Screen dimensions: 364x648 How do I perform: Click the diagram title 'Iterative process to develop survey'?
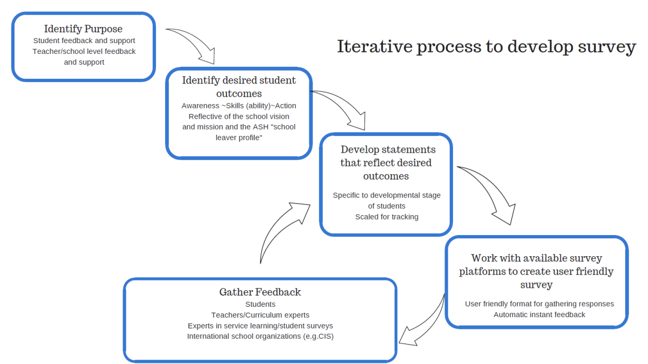pos(486,47)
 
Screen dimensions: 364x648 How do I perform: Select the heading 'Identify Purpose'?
pos(83,29)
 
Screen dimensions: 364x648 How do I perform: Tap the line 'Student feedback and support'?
pos(84,40)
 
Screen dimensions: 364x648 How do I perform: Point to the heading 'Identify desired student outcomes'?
pos(239,86)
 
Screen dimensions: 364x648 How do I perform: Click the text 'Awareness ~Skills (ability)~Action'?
pos(239,106)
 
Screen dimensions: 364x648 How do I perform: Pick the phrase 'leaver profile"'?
pos(239,138)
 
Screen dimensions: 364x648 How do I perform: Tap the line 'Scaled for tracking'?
pos(387,217)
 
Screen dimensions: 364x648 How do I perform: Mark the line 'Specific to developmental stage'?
pos(387,195)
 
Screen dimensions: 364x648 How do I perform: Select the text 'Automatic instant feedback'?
pos(539,314)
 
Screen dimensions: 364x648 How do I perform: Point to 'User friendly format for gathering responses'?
pos(539,304)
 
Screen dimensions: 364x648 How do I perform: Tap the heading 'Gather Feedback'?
pos(260,292)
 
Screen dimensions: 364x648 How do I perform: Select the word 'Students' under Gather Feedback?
pos(260,305)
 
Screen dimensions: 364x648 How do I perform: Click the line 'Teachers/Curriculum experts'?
pos(260,315)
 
